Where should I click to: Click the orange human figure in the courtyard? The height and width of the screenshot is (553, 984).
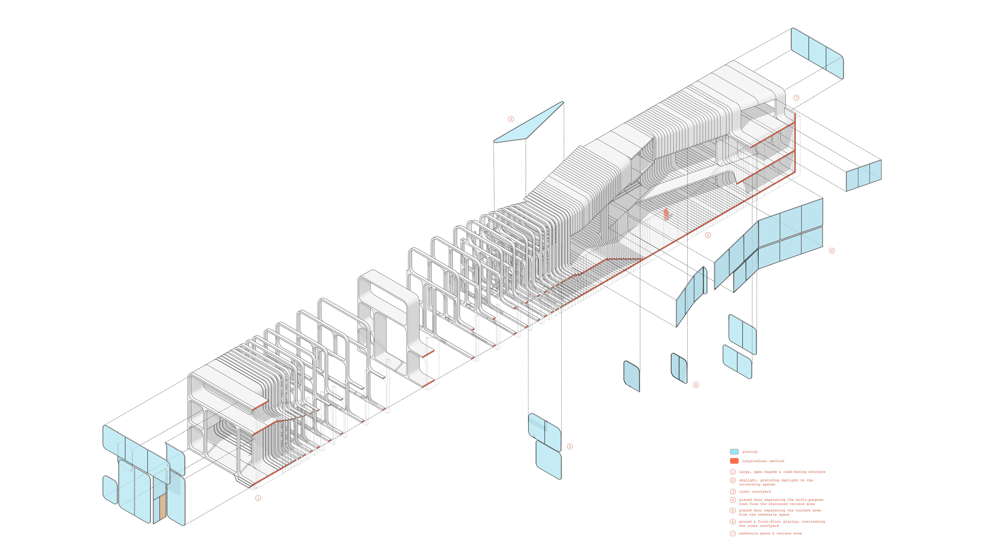click(x=666, y=214)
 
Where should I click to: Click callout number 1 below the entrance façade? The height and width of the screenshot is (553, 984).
click(x=258, y=498)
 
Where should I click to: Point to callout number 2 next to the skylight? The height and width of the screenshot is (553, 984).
click(x=511, y=119)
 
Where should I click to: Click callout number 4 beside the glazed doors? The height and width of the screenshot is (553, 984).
click(x=570, y=446)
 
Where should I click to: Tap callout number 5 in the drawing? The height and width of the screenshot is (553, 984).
click(x=696, y=385)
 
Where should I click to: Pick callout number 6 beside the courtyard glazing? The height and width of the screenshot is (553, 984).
click(x=832, y=250)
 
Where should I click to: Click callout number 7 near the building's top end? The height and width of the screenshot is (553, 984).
click(x=796, y=98)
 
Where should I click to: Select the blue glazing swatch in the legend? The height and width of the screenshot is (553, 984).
click(x=734, y=451)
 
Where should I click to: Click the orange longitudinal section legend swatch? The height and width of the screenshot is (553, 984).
click(x=734, y=461)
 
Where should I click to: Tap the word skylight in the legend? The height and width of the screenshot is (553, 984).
click(x=747, y=480)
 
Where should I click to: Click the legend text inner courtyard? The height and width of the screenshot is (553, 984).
click(x=754, y=492)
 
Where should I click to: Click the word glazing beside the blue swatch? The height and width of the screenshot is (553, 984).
click(x=750, y=451)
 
